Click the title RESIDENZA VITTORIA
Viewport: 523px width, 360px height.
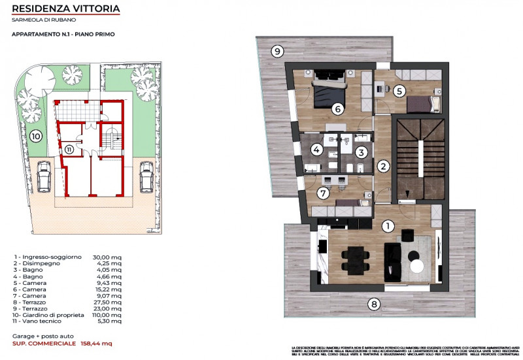click(x=66, y=9)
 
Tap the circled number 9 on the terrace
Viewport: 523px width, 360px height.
click(x=277, y=51)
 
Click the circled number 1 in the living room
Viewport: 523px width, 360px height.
click(x=388, y=226)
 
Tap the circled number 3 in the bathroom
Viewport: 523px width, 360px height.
click(x=360, y=152)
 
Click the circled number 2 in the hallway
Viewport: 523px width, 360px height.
click(x=384, y=166)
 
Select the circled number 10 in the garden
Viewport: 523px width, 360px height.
click(x=36, y=137)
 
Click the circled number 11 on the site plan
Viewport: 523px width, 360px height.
click(x=69, y=149)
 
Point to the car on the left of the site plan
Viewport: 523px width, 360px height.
click(x=44, y=176)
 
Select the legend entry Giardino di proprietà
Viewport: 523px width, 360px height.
click(x=48, y=314)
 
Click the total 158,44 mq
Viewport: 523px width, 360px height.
click(x=96, y=343)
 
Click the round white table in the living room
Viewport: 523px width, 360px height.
click(x=418, y=265)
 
